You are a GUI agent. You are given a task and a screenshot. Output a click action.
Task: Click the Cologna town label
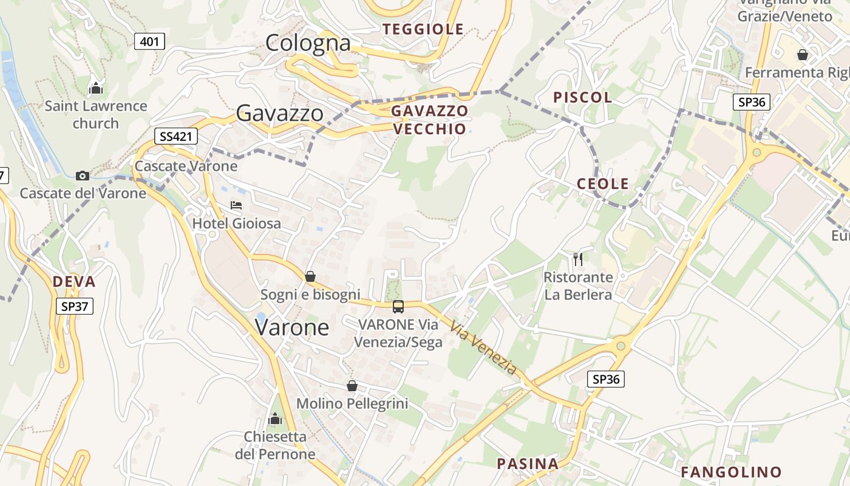tap(308, 43)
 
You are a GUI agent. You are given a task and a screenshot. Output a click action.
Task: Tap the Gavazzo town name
tap(279, 113)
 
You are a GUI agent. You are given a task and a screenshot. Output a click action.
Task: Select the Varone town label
tap(292, 327)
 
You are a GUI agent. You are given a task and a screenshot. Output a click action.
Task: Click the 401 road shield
tap(149, 41)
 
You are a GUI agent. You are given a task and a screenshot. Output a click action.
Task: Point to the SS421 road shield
tap(176, 136)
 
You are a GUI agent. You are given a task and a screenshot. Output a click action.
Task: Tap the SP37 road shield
tap(75, 306)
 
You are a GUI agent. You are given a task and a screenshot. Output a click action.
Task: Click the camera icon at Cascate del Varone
tap(83, 176)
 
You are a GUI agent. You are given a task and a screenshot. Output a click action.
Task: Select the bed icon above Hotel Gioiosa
tap(236, 205)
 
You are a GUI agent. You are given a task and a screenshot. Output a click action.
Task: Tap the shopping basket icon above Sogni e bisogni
tap(310, 277)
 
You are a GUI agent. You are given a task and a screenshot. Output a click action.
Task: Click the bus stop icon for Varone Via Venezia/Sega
tap(398, 307)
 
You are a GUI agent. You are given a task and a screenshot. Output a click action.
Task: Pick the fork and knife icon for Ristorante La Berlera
tap(578, 259)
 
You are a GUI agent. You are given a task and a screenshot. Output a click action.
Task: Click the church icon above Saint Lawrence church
tap(96, 89)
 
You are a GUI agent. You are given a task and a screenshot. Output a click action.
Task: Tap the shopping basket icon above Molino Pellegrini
tap(352, 386)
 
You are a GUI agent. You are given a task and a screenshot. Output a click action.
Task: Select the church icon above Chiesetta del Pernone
tap(275, 419)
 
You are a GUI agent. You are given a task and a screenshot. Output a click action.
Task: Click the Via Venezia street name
tap(483, 348)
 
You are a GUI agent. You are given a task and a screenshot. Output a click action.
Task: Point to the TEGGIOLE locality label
tap(423, 29)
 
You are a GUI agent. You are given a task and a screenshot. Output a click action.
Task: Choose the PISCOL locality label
tap(582, 97)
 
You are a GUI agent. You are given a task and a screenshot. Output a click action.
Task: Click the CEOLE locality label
tap(602, 184)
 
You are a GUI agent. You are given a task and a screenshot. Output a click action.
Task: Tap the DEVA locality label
tap(74, 282)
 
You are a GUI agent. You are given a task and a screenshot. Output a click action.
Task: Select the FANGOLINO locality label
tap(731, 472)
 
